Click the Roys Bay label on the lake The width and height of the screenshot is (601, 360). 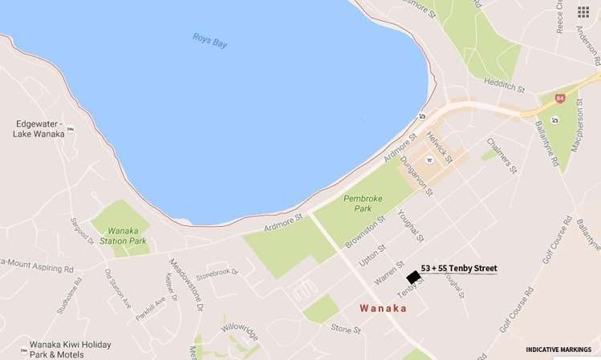click(210, 39)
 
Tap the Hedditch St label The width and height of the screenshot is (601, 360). click(505, 83)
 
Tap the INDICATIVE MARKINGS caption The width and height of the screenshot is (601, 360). click(558, 350)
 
